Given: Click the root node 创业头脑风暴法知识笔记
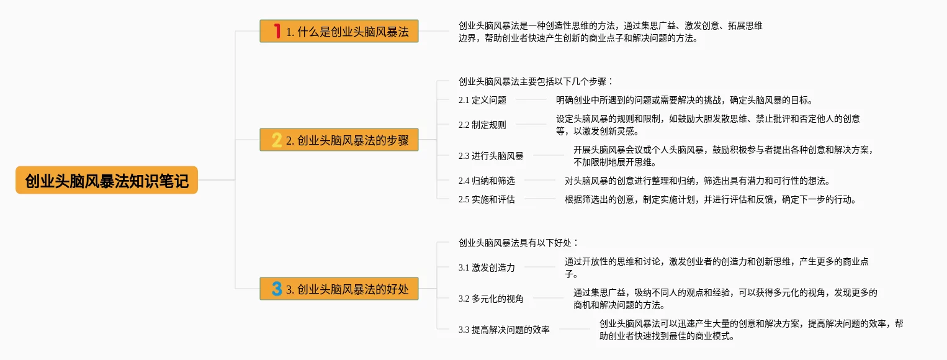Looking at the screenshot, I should click(107, 180).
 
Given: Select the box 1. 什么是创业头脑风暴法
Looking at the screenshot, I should click(339, 31).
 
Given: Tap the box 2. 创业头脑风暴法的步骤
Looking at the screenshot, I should click(339, 140).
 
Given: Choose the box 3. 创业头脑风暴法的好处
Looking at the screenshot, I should click(339, 289).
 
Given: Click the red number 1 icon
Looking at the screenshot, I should click(277, 31).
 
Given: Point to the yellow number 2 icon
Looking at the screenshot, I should click(277, 140).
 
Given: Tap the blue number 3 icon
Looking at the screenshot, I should click(277, 289).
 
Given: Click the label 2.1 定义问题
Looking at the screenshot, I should click(482, 100).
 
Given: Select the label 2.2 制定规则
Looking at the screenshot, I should click(482, 125).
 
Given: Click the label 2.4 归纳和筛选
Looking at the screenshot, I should click(487, 181).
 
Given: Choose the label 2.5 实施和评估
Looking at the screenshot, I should click(487, 199).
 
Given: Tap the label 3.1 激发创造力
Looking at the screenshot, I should click(487, 268).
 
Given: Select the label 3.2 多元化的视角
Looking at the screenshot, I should click(491, 299).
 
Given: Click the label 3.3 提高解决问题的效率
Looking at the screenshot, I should click(504, 330).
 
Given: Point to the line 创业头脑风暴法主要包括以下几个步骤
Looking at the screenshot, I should click(536, 81).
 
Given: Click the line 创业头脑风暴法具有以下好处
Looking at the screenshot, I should click(518, 243).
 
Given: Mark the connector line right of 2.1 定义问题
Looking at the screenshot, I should click(531, 100).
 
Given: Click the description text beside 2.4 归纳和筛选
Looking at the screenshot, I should click(697, 181).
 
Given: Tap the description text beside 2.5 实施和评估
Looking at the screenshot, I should click(710, 199).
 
